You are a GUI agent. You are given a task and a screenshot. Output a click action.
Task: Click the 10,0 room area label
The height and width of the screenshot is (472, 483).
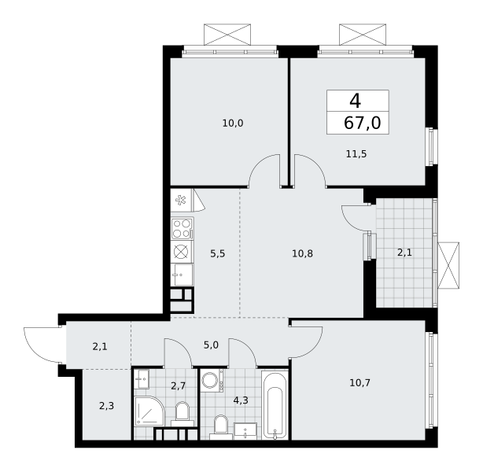coord(233,124)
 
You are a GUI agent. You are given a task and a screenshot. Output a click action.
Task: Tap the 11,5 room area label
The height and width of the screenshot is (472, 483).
coord(356,153)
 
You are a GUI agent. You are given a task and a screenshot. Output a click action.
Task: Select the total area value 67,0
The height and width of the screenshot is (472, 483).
coord(362,123)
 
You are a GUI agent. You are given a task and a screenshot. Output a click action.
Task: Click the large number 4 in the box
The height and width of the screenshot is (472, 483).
coord(355,101)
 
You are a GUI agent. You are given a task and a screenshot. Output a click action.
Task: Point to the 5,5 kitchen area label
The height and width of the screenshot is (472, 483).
coord(218,253)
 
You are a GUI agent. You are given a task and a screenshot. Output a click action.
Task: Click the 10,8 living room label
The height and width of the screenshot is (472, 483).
coord(303,253)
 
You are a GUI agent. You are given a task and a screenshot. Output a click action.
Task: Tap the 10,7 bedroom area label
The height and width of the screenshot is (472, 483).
coord(359,383)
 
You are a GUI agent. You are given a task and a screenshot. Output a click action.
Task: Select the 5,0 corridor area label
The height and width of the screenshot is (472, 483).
coord(211,345)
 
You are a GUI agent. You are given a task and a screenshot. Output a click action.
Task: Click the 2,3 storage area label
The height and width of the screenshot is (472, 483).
coord(106,406)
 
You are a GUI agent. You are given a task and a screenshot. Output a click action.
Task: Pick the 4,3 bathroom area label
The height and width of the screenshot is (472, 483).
coord(241,400)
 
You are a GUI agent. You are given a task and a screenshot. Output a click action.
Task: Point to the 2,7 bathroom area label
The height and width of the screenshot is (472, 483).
coord(179,385)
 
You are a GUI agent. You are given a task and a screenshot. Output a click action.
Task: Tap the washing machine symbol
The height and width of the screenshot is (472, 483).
coord(212,381)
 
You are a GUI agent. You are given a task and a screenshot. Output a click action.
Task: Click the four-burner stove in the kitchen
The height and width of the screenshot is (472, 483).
coord(183,228)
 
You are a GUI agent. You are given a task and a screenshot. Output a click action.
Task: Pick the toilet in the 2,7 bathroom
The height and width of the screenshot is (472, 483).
coord(183,414)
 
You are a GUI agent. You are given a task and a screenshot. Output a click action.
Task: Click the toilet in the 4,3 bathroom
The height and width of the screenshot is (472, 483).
coord(221,426)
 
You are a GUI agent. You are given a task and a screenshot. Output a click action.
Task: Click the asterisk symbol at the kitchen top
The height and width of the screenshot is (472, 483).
coord(181,201)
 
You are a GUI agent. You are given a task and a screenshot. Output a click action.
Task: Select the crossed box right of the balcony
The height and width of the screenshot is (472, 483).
coord(448,265)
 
